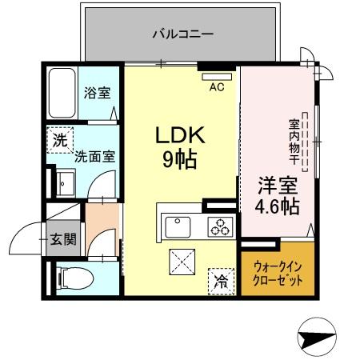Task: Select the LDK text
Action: point(180,135)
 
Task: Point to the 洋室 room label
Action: point(277,186)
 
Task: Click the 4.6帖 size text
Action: point(277,208)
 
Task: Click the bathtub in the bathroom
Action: point(61,93)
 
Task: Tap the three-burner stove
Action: point(219,226)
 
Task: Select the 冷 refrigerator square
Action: point(219,281)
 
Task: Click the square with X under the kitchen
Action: point(182,262)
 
